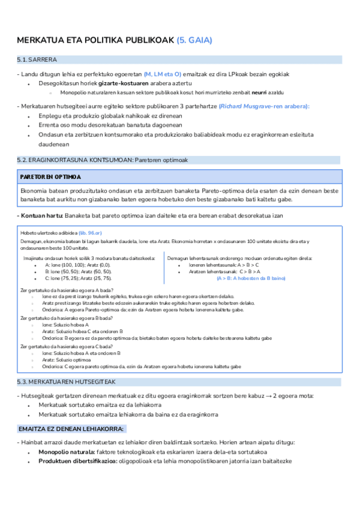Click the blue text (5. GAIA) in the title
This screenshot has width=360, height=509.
pyautogui.click(x=194, y=40)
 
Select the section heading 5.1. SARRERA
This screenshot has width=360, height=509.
pyautogui.click(x=38, y=60)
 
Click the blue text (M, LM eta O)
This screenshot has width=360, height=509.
pyautogui.click(x=162, y=74)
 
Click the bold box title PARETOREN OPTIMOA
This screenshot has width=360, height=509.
pyautogui.click(x=50, y=178)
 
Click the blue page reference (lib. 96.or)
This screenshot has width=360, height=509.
pyautogui.click(x=91, y=232)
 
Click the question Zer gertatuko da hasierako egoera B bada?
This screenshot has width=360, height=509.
pyautogui.click(x=67, y=318)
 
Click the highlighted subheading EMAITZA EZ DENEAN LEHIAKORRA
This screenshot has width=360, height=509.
pyautogui.click(x=71, y=429)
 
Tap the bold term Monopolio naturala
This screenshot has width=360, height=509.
pyautogui.click(x=67, y=451)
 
